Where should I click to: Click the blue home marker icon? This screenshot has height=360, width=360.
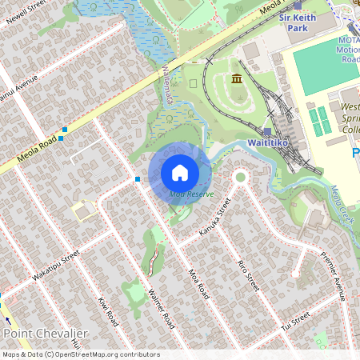click(x=180, y=173)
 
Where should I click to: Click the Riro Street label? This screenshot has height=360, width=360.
click(x=249, y=274)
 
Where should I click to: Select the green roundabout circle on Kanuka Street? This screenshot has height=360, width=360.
click(x=239, y=178)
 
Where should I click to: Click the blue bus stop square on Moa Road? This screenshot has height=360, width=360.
click(x=138, y=179)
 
